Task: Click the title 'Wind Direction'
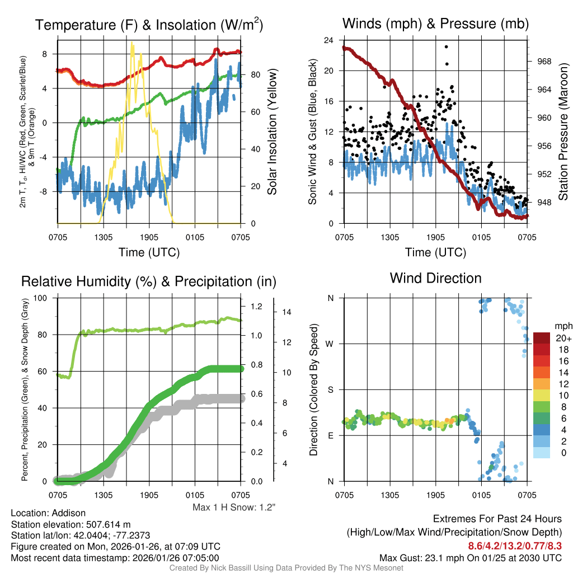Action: [x=435, y=278]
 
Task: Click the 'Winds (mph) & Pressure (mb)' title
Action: [x=435, y=24]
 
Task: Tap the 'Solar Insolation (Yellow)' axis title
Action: [x=273, y=132]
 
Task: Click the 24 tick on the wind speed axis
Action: [x=329, y=40]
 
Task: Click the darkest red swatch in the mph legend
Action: [x=542, y=338]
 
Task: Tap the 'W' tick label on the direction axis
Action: [x=330, y=344]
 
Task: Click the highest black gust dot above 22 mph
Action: [x=446, y=47]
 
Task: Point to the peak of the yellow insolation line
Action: [x=132, y=43]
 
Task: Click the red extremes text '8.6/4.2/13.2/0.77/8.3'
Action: [x=515, y=545]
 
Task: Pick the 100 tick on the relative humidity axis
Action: [x=47, y=298]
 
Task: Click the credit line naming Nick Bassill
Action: [x=286, y=568]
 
